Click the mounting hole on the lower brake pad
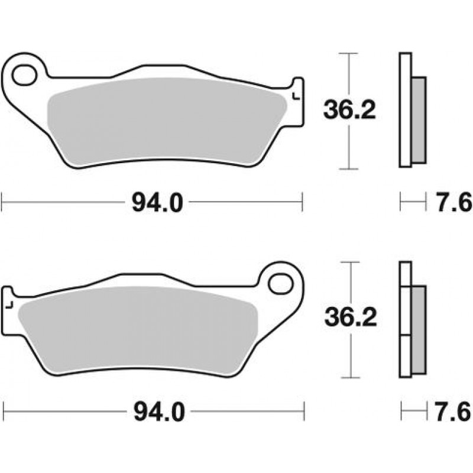pos(281,284)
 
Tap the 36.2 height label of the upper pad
pos(349,110)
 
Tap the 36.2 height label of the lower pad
pos(351,318)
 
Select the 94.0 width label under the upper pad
pos(157,203)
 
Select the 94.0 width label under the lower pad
pos(159,412)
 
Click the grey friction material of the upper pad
pos(167,121)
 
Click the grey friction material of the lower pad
pos(138,329)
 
